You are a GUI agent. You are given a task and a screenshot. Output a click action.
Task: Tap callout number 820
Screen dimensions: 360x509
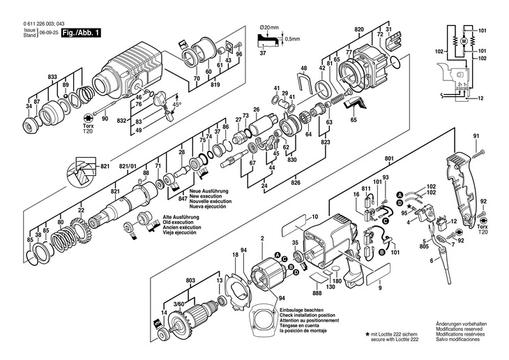click(x=359, y=29)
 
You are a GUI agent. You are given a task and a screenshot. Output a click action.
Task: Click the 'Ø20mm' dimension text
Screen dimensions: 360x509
click(x=269, y=27)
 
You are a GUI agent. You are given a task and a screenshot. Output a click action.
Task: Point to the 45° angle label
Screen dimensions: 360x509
click(x=176, y=105)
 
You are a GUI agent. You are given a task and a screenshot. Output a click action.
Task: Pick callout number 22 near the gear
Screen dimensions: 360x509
click(x=82, y=210)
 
